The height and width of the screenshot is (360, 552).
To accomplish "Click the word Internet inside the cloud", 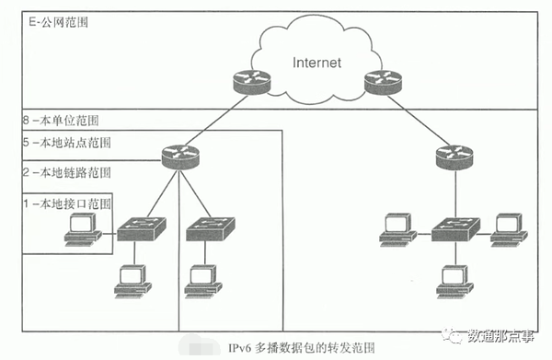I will tap(317, 64).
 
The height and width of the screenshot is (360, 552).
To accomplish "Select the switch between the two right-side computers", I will tap(452, 226).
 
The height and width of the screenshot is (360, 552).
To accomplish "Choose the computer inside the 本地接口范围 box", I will tap(84, 227).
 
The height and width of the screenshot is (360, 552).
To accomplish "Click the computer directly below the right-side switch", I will tap(452, 279).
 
